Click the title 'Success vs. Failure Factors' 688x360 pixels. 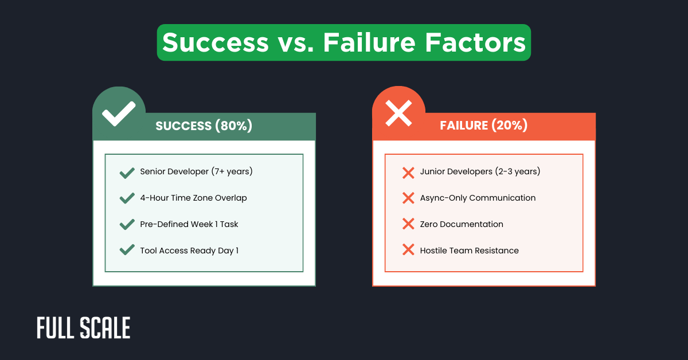(344, 42)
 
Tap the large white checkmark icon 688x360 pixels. (119, 114)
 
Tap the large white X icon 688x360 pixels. (398, 114)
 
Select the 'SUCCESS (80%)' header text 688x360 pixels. (204, 126)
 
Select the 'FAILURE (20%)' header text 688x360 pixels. (483, 126)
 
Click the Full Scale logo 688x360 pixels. (84, 328)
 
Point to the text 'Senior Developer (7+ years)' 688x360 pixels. (196, 171)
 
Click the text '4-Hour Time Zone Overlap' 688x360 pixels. (193, 198)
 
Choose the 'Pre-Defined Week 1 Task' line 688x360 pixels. (189, 224)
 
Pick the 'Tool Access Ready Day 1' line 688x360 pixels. (189, 251)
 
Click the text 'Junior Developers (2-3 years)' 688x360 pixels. (480, 171)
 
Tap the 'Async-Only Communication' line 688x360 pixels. (478, 198)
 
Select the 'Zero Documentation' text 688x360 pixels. (462, 224)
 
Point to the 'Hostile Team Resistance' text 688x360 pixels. (469, 251)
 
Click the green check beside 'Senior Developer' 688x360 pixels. (127, 172)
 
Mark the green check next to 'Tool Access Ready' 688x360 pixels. (127, 251)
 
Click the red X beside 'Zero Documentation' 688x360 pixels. (408, 224)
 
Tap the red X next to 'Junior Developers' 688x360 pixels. (408, 172)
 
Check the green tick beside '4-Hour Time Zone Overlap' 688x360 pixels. (127, 198)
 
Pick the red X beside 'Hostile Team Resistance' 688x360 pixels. (408, 251)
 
